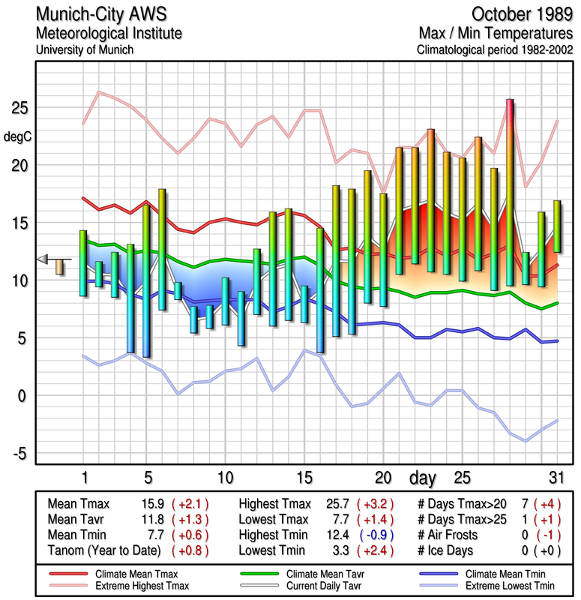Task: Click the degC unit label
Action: [x=18, y=136]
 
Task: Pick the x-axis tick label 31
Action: [x=555, y=478]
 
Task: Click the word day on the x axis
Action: [x=425, y=478]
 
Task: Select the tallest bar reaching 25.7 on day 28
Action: [x=509, y=191]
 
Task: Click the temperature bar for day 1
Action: [x=83, y=262]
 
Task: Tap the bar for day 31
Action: [x=557, y=226]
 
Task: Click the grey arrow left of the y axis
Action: [x=42, y=259]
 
